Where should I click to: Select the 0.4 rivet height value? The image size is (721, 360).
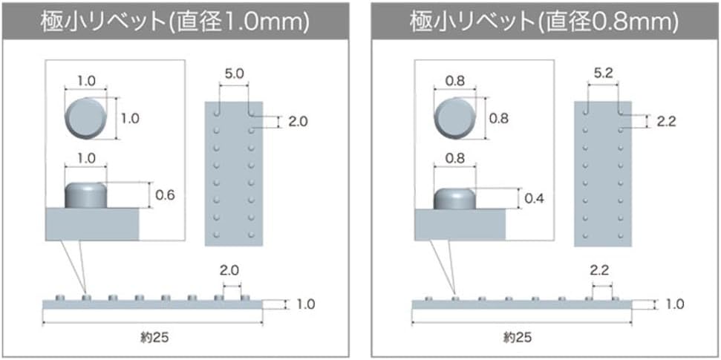534,198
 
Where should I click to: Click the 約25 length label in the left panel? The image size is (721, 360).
154,337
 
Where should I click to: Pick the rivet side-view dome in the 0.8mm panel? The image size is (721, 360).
454,198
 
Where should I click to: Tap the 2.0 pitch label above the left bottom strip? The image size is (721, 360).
231,271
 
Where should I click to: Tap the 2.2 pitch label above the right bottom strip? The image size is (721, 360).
600,271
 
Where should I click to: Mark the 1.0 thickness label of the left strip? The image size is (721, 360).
305,304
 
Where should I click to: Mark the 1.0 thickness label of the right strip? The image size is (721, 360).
674,304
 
